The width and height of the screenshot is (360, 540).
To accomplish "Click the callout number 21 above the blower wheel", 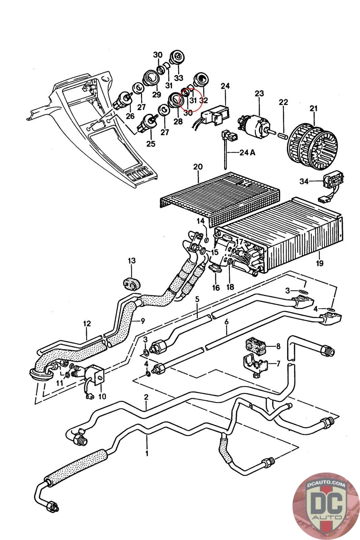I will (313, 108).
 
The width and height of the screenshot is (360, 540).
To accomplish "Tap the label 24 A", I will (247, 152).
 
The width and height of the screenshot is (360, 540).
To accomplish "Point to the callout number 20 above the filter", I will (198, 167).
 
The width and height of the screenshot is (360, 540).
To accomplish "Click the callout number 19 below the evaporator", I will (319, 262).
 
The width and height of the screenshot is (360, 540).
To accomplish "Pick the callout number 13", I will (132, 261).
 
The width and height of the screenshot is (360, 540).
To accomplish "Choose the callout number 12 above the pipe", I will (87, 324).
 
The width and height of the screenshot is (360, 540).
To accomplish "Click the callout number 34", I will (304, 182).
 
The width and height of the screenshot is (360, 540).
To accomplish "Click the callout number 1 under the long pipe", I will (147, 452).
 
